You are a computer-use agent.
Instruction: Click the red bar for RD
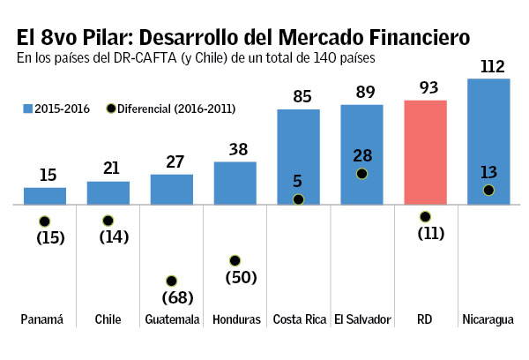426,152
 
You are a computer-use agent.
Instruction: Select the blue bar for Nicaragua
488,141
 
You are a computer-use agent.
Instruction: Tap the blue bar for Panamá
44,196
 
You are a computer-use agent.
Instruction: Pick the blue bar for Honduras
235,183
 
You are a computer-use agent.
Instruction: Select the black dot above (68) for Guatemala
172,281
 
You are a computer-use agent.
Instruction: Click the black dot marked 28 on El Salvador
362,174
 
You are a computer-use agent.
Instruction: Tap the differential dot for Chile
108,221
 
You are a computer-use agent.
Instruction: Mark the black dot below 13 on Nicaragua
488,190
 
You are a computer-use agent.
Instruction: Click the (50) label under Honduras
235,277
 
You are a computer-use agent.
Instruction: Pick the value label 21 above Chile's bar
108,168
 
